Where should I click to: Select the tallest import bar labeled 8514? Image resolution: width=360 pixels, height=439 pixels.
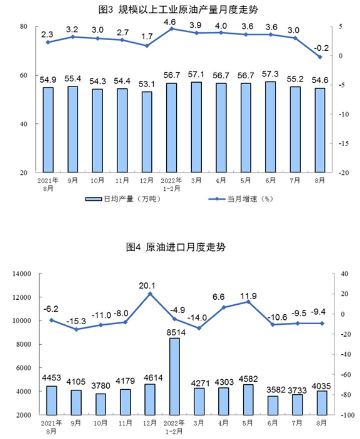[174, 376]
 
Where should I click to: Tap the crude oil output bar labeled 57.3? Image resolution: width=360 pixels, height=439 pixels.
[270, 127]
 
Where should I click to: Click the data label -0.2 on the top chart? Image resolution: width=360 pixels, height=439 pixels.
[321, 48]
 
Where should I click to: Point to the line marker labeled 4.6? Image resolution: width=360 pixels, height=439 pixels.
[172, 29]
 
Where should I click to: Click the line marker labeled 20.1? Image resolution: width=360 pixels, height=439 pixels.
[150, 294]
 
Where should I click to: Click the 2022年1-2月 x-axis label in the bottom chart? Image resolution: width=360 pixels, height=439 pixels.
[174, 426]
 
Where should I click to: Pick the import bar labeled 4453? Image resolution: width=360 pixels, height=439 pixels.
[51, 400]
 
